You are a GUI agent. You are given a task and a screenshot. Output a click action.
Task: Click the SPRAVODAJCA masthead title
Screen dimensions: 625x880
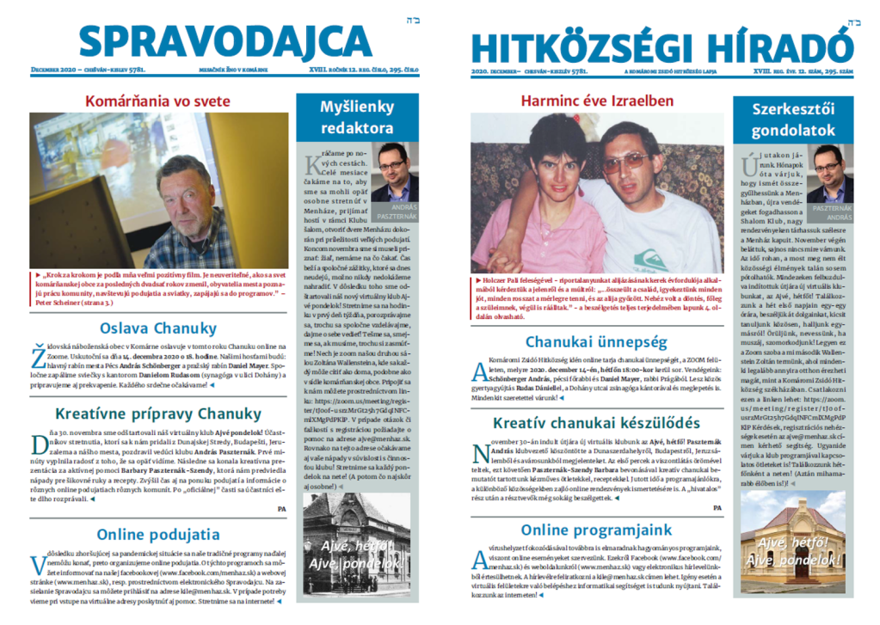(225, 42)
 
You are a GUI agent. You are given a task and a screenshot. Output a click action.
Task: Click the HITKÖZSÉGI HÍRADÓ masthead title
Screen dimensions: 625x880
(662, 46)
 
